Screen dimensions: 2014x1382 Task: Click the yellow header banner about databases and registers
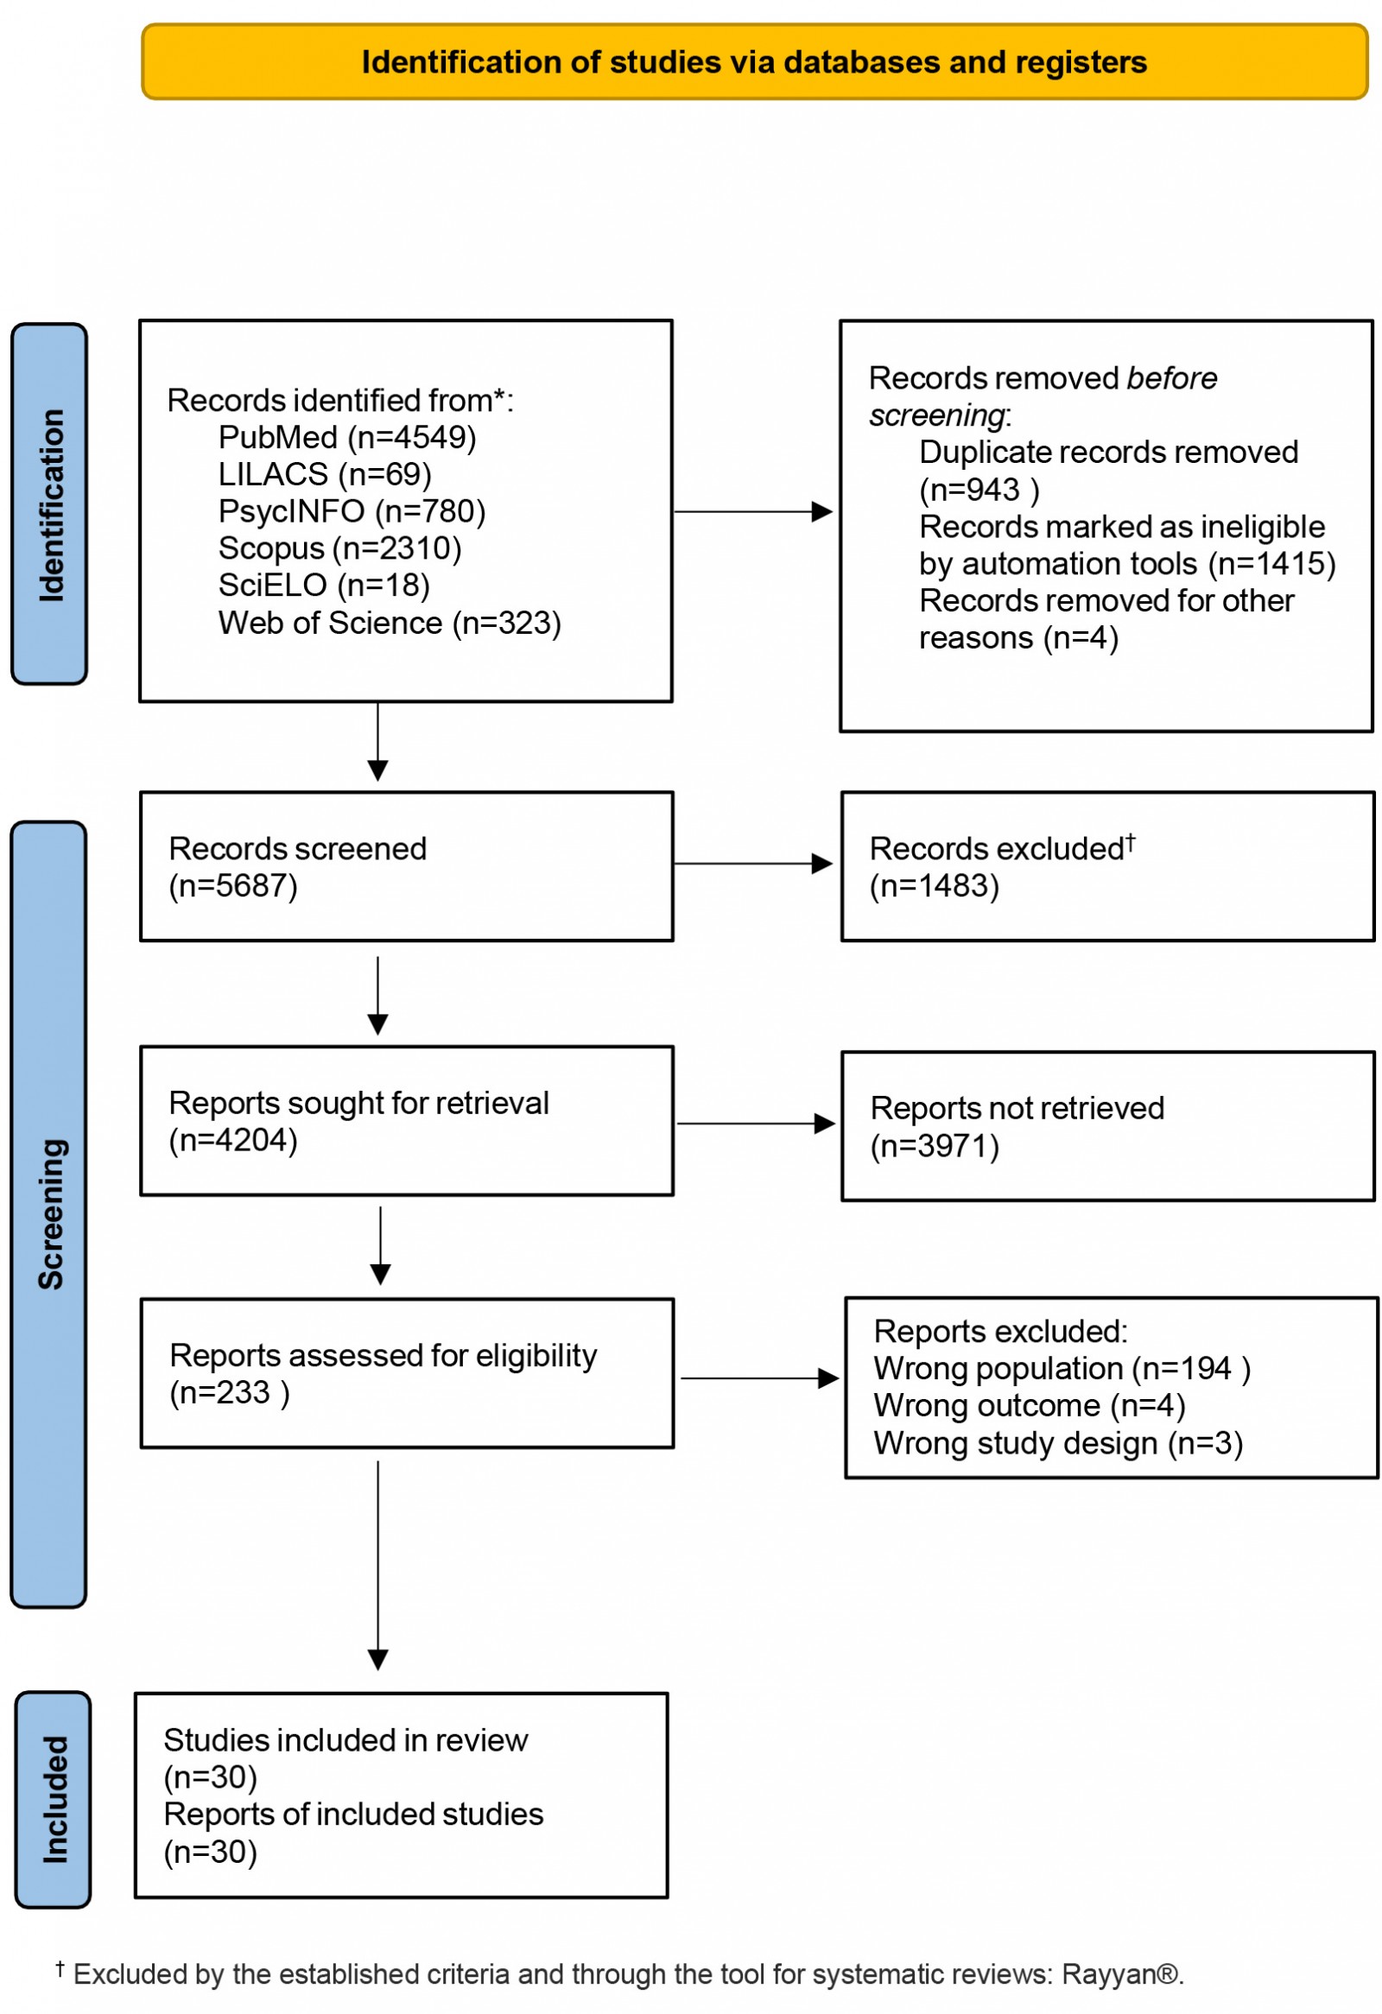[754, 61]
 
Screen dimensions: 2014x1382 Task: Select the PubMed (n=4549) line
[346, 437]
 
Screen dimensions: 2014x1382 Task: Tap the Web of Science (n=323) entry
[389, 622]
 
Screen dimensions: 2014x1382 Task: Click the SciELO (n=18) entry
[323, 585]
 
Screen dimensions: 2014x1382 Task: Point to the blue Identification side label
[49, 504]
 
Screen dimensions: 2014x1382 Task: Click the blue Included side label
[54, 1799]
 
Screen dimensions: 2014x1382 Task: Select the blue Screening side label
[49, 1213]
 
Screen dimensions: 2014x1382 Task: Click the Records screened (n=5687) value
[233, 886]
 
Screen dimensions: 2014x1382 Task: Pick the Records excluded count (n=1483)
[934, 886]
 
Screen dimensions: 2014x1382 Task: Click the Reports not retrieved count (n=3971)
[934, 1146]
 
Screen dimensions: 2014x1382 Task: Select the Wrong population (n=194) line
[1061, 1368]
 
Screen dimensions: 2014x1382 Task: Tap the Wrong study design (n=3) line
[1057, 1443]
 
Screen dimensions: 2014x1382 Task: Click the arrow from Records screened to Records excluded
[752, 863]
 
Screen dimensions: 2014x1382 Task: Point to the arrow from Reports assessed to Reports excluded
[758, 1377]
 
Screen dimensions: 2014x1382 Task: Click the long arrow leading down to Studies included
[377, 1560]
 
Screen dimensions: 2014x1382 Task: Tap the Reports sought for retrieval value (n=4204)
[233, 1140]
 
